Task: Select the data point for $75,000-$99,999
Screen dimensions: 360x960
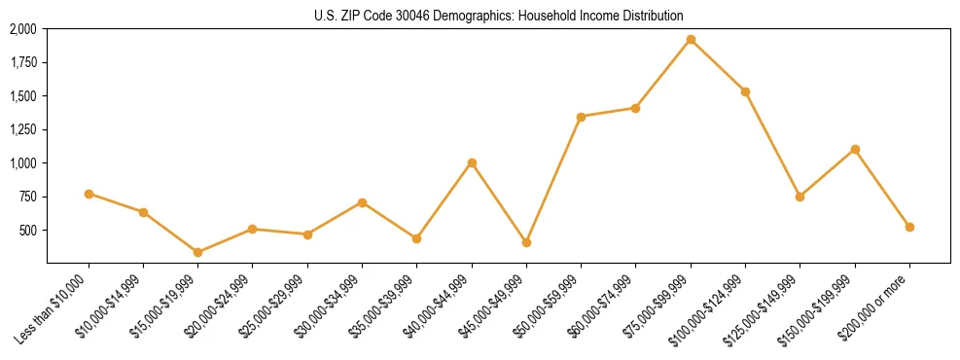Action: click(x=691, y=40)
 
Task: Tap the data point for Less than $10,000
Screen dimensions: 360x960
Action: click(x=89, y=194)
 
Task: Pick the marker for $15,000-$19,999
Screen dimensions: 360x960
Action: click(x=198, y=252)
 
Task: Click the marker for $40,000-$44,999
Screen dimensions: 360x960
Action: click(x=472, y=162)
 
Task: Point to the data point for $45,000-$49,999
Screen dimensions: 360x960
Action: click(x=526, y=242)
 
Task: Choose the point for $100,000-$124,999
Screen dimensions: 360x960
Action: click(x=745, y=91)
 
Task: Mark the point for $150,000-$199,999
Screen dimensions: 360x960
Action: click(x=855, y=149)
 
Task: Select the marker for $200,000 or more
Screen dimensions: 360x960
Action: click(x=909, y=227)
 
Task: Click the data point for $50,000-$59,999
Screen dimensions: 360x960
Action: click(x=581, y=117)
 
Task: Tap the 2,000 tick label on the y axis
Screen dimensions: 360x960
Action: click(x=23, y=29)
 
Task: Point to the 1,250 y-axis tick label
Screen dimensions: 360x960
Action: click(x=23, y=129)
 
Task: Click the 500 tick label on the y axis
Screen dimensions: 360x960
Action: click(x=28, y=231)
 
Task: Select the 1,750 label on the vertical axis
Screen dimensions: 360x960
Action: click(x=23, y=63)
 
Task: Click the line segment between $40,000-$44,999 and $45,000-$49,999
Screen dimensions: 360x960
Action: click(x=499, y=202)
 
